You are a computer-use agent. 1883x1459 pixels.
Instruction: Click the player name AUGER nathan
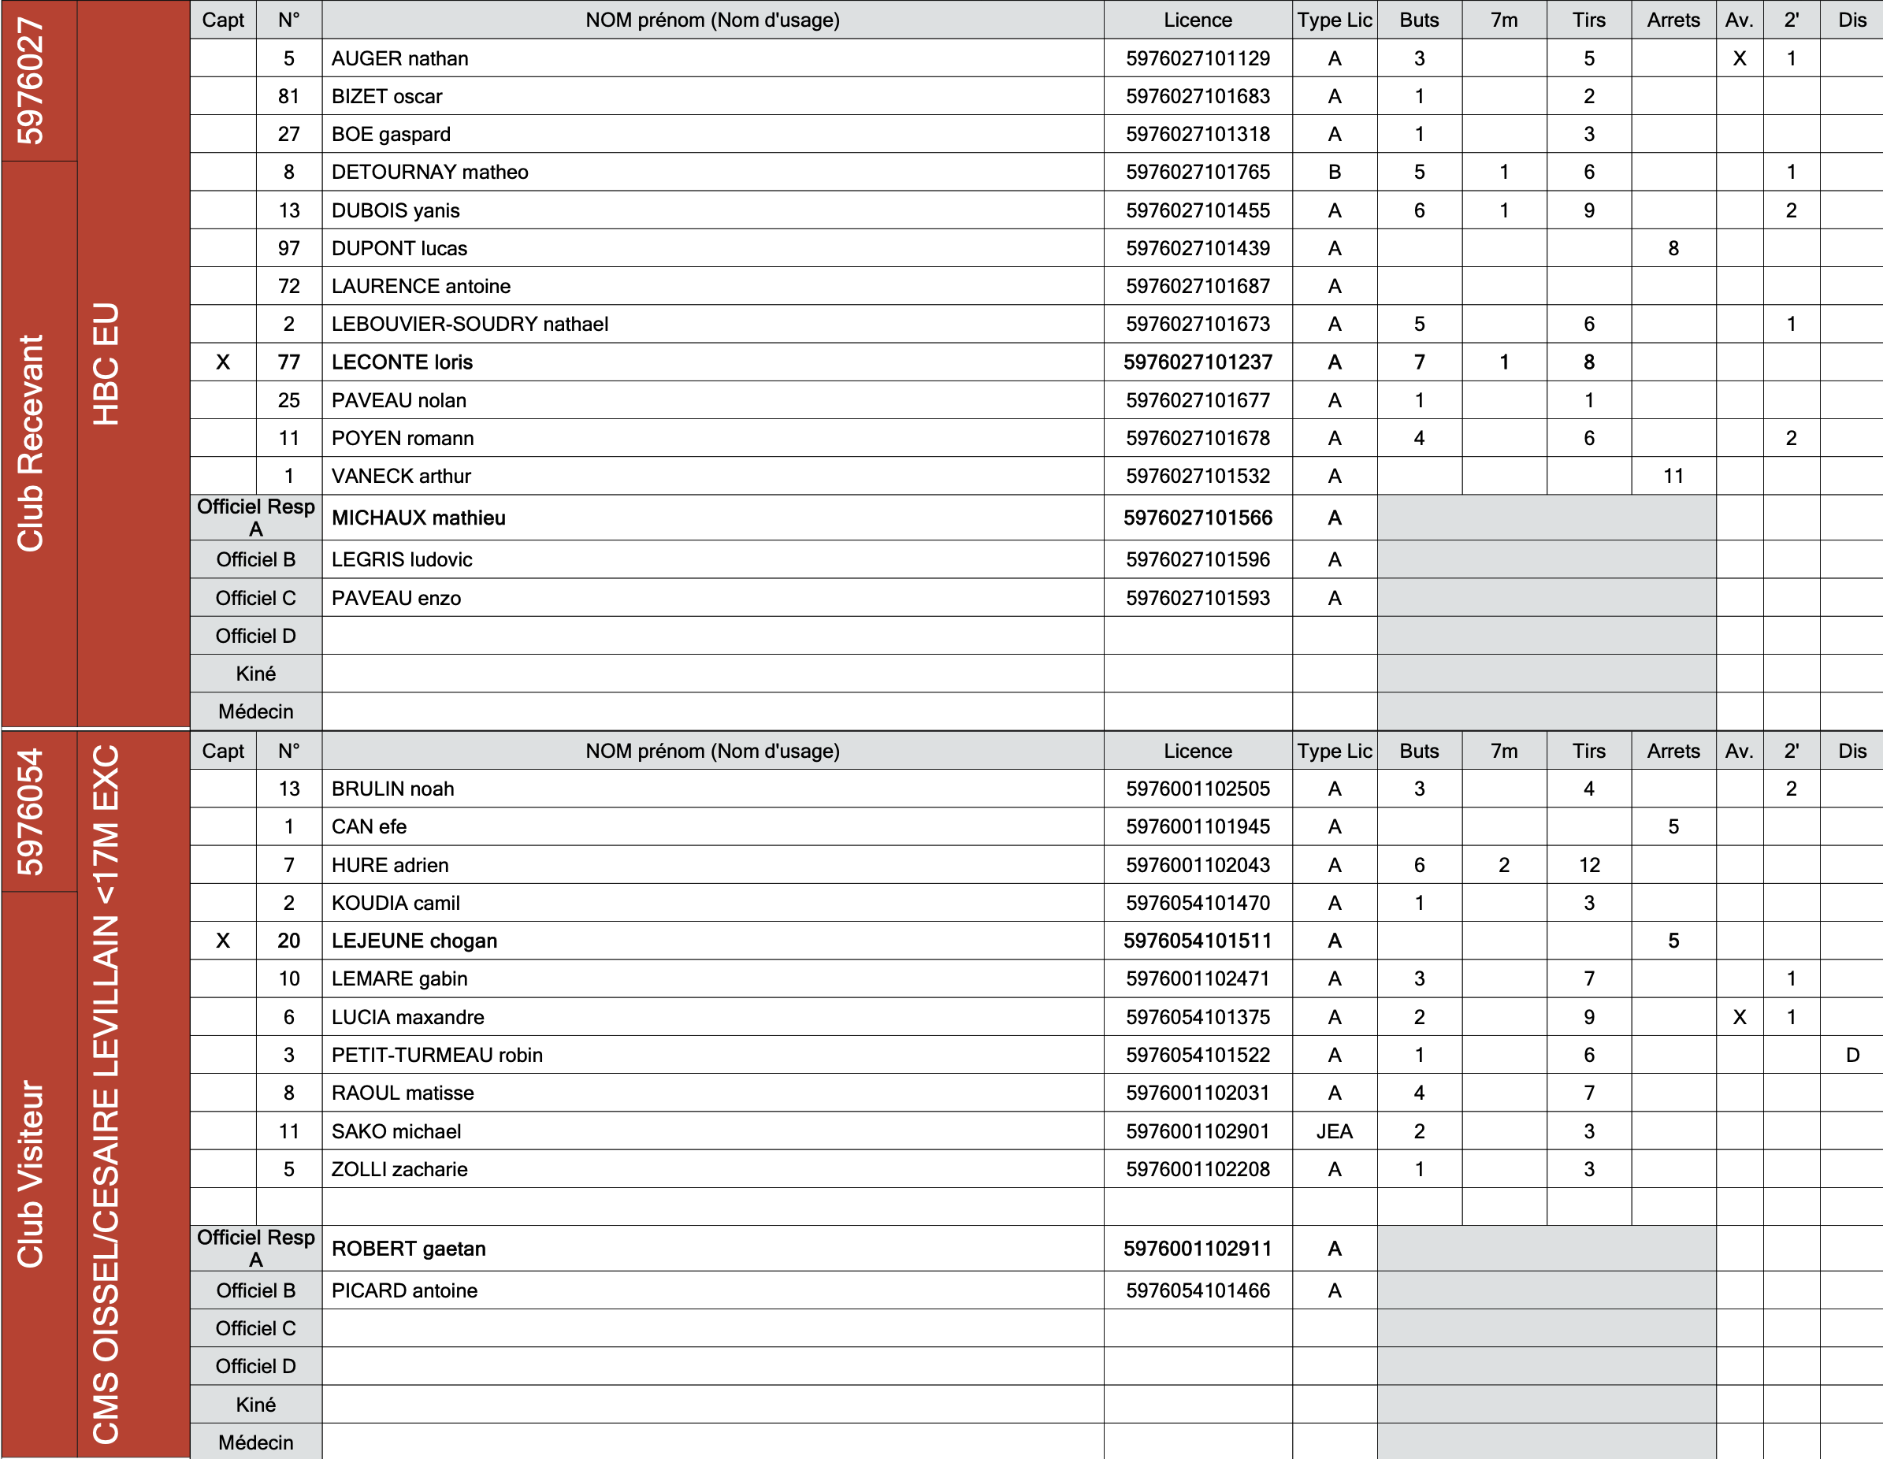[x=400, y=58]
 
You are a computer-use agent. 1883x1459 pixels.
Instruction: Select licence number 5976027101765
[x=1197, y=173]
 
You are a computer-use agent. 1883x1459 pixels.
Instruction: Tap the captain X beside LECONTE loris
[x=223, y=362]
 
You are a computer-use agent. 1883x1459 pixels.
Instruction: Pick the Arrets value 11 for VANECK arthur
[x=1673, y=476]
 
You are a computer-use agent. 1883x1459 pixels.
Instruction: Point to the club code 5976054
[x=31, y=811]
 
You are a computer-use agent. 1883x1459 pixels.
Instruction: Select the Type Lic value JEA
[x=1334, y=1131]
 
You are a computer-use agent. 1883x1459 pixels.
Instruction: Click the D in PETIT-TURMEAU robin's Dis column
[x=1852, y=1055]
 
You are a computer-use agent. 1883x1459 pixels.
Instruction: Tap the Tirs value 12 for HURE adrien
[x=1589, y=865]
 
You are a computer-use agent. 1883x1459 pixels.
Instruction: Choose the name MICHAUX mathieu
[x=419, y=518]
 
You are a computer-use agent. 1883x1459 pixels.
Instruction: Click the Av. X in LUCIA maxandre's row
[x=1739, y=1018]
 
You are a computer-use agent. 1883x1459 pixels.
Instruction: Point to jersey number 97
[x=289, y=248]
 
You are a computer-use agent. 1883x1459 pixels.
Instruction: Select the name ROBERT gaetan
[x=409, y=1249]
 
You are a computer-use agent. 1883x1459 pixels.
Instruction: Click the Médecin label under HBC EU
[x=255, y=711]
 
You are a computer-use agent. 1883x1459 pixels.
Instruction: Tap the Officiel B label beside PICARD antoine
[x=255, y=1291]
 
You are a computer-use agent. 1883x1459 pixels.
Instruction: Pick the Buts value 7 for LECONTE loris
[x=1419, y=362]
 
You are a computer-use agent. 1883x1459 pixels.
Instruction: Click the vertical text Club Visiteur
[x=31, y=1173]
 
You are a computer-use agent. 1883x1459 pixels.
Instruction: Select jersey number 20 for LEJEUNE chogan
[x=289, y=941]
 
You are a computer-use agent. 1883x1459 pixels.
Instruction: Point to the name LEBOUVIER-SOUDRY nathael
[x=470, y=325]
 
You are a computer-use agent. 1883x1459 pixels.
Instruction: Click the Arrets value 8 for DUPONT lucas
[x=1673, y=248]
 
